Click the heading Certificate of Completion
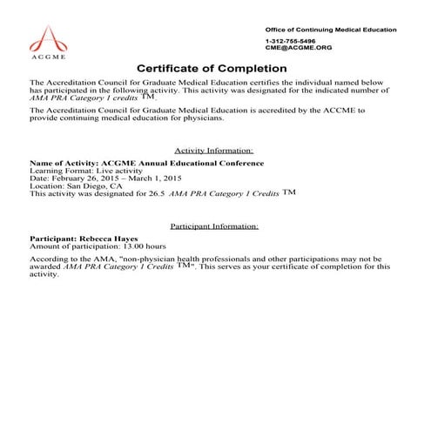[215, 69]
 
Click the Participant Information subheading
[214, 226]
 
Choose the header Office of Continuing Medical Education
[330, 30]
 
